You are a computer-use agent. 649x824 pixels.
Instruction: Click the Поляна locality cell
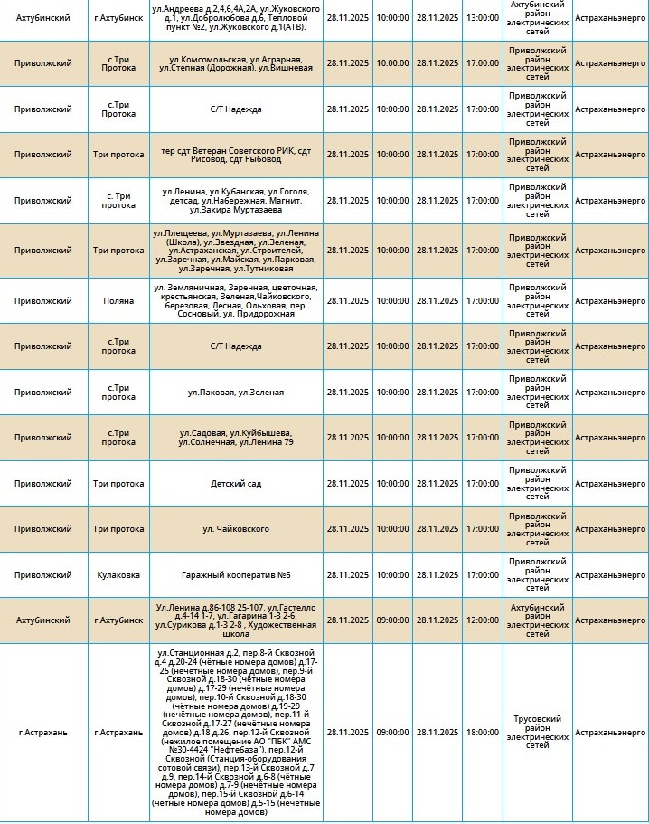coord(118,300)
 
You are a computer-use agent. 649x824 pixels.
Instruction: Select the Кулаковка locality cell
coord(118,574)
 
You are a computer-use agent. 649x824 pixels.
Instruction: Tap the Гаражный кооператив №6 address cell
coord(236,574)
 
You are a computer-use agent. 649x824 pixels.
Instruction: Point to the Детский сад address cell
coord(236,483)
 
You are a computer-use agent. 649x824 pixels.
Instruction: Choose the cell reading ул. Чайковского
coord(236,529)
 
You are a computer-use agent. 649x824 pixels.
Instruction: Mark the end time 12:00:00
coord(482,620)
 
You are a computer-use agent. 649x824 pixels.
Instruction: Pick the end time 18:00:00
coord(482,732)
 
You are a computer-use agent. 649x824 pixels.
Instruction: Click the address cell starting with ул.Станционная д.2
coord(236,732)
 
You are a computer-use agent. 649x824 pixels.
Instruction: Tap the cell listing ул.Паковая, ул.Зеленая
coord(236,392)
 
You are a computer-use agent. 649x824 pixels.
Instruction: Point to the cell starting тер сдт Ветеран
coord(236,155)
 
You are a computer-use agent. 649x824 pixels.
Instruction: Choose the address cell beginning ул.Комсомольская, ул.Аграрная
coord(236,63)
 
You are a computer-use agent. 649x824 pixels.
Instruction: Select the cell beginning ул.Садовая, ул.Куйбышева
coord(236,438)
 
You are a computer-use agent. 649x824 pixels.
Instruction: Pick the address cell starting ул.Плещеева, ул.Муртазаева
coord(236,250)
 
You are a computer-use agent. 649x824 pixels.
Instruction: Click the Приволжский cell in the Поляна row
coord(43,300)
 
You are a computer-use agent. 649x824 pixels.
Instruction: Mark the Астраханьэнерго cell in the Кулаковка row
coord(610,574)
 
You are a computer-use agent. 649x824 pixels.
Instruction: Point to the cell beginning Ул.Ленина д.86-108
coord(236,620)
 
